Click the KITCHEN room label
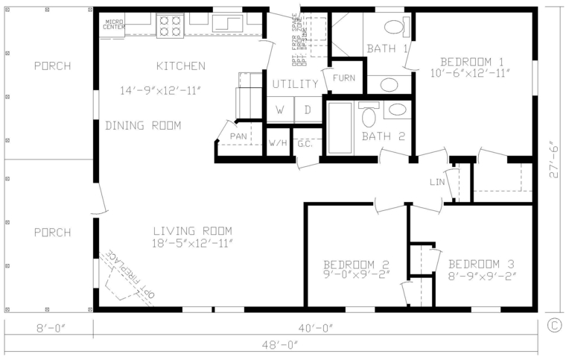coord(180,66)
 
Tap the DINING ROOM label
coord(143,125)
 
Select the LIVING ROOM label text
coord(193,230)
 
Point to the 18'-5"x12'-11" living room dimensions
coord(193,244)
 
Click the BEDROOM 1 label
coord(472,61)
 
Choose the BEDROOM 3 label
coord(481,264)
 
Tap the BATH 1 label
coord(387,49)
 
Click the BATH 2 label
coord(383,136)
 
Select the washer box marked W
coord(280,110)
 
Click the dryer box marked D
coord(307,110)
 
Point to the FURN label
coord(344,78)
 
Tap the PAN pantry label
coord(238,136)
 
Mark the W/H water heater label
coord(278,142)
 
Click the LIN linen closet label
coord(438,182)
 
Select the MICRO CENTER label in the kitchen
coord(114,25)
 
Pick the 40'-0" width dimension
coord(313,327)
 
